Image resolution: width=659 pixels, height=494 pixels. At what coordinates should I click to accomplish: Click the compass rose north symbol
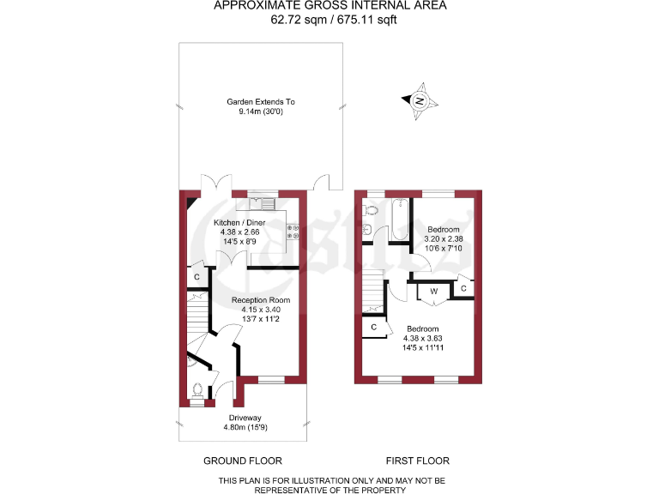coord(420,100)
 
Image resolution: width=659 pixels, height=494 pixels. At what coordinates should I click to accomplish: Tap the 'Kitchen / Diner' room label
coord(239,222)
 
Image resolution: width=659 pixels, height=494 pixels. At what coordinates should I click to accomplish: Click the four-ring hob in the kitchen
coord(293,231)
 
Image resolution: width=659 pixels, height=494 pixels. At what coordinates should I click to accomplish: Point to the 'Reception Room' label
coord(261,300)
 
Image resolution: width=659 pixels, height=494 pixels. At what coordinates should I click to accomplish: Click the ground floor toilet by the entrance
coord(198,391)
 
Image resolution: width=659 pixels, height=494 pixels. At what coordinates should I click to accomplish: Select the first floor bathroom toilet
coord(372,209)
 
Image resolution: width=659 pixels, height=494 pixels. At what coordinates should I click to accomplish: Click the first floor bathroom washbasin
coord(366,228)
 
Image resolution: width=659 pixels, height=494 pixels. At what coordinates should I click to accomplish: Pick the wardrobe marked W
coord(433,292)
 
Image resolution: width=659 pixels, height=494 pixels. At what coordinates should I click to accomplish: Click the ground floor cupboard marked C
coord(196,277)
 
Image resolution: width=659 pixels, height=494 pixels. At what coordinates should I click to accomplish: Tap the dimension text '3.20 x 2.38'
coord(444,239)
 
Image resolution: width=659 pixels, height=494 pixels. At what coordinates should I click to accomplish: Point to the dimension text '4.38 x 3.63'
coord(422,338)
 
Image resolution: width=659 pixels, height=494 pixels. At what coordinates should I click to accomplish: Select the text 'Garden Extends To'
coord(260,102)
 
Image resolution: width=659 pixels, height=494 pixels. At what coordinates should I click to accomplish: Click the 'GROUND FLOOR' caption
coord(242,461)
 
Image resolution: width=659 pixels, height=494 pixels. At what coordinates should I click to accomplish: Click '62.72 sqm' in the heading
coord(293,19)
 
